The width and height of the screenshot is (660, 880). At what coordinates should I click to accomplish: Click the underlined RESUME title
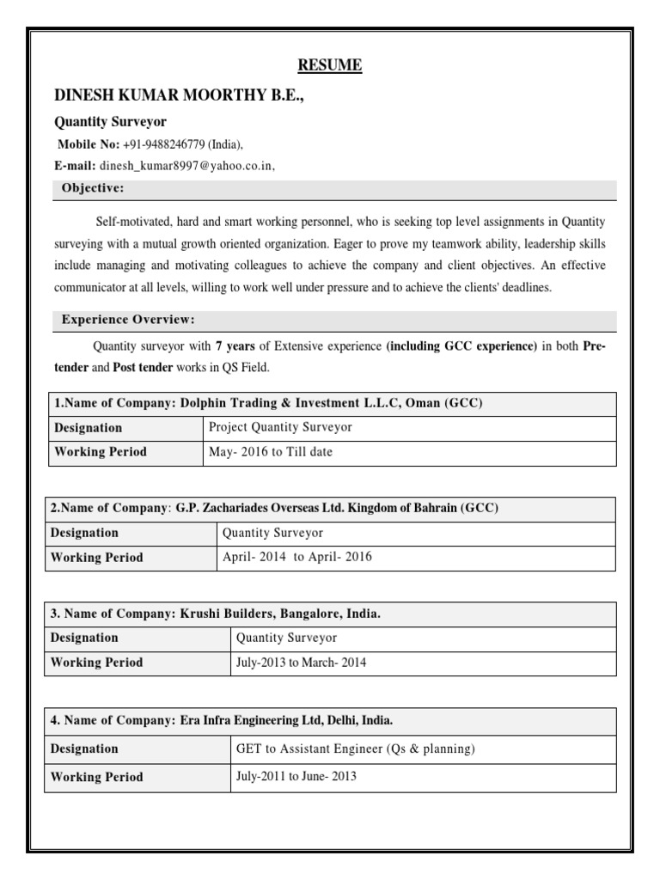click(x=329, y=66)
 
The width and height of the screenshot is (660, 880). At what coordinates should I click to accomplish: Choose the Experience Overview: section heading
click(x=128, y=321)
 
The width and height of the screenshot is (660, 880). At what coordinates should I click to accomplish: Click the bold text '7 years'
click(x=235, y=346)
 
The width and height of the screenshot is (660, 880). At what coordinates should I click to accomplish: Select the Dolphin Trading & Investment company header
click(x=267, y=404)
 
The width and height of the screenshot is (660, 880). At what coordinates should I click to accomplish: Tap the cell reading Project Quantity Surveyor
click(x=280, y=428)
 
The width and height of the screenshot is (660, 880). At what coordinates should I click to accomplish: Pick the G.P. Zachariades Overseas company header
click(x=274, y=509)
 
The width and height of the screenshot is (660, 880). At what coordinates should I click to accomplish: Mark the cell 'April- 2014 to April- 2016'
click(x=297, y=557)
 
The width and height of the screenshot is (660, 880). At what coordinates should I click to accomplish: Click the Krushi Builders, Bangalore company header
click(x=215, y=614)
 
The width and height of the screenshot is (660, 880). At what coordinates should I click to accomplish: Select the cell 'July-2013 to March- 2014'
click(x=301, y=663)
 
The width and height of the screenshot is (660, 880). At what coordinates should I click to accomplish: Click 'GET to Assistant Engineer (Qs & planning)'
click(x=355, y=749)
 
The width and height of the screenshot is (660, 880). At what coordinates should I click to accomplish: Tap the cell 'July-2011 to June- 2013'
click(x=296, y=777)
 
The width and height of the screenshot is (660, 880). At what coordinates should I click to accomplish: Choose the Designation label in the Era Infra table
click(x=84, y=749)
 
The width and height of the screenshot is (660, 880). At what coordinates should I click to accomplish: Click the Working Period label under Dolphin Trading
click(x=101, y=452)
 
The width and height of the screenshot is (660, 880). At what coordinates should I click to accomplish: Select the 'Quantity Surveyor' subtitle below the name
click(x=110, y=122)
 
